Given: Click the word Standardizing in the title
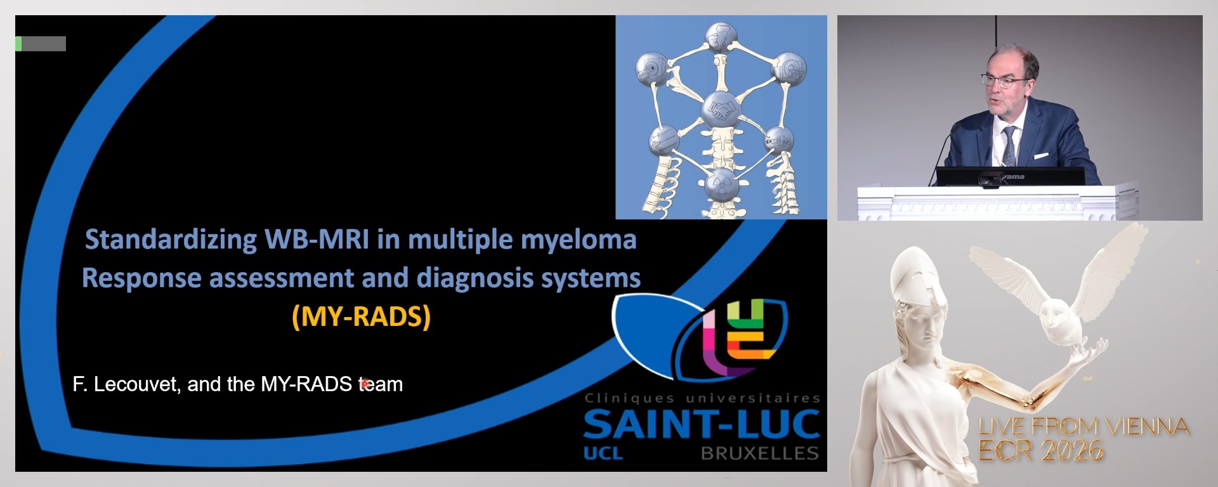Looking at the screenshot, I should point(171,240).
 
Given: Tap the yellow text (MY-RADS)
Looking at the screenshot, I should point(361,316).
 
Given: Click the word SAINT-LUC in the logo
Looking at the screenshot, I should point(701,424).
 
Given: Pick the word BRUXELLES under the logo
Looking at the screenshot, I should point(759,453).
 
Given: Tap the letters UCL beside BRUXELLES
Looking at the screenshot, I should point(603,453).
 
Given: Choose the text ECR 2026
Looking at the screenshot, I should point(1041,451).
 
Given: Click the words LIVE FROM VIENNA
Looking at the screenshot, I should point(1084,427).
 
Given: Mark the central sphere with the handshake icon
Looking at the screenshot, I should point(721,110).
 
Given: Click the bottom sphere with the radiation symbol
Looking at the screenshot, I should point(722,185).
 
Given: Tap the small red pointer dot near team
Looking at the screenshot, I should point(365,383).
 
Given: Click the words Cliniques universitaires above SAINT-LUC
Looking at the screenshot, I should point(702,398).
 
